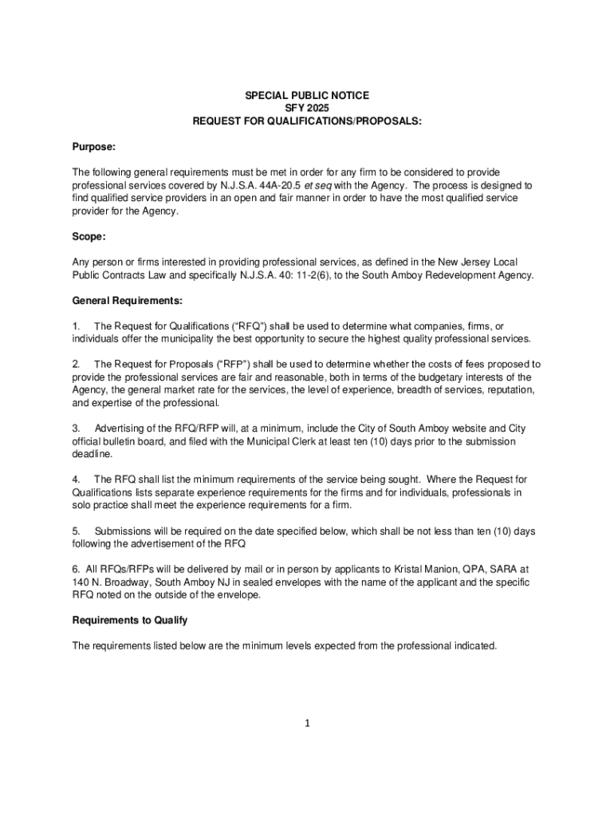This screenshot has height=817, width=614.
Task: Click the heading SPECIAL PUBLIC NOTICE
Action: point(307,95)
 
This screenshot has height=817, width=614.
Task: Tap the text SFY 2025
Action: point(307,108)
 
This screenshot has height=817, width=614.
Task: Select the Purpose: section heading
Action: point(94,147)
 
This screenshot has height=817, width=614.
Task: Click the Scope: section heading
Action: point(89,237)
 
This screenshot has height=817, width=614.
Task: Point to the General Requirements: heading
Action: point(128,301)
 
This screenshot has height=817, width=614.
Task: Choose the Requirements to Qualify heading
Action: point(130,620)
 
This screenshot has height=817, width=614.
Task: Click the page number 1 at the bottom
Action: point(307,724)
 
